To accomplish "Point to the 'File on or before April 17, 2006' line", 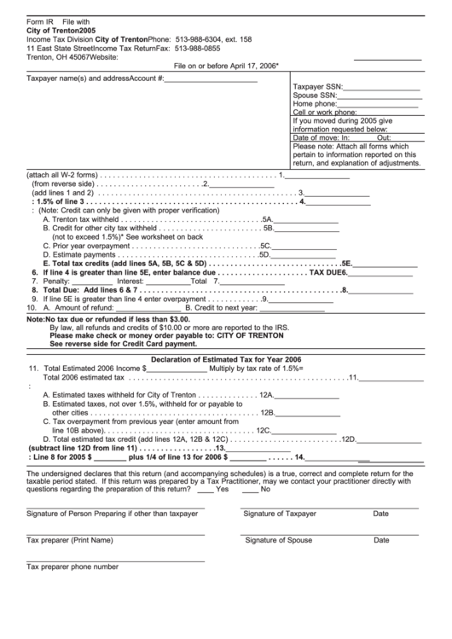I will pyautogui.click(x=226, y=65).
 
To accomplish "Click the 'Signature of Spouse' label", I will pyautogui.click(x=278, y=540).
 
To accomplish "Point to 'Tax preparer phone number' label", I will pyautogui.click(x=72, y=566).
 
